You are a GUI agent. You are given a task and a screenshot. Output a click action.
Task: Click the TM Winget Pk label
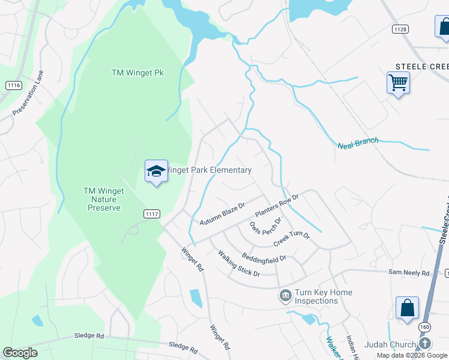point(137,73)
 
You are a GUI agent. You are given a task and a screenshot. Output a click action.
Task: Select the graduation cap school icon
point(156,172)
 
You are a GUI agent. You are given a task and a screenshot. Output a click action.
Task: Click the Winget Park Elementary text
point(208,170)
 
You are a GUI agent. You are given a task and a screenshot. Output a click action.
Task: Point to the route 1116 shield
point(14,85)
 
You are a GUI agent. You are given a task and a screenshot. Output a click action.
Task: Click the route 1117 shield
point(152,214)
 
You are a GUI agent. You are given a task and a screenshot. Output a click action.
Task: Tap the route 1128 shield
point(400,29)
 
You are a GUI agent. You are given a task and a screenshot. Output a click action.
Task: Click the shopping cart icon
point(398,82)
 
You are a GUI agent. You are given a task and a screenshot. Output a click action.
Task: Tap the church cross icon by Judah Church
point(424,344)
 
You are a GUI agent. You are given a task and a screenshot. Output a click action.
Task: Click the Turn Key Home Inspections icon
point(285,296)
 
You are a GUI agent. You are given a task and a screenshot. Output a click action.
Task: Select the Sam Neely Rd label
point(409,272)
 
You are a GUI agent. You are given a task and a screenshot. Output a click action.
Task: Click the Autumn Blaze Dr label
point(223,214)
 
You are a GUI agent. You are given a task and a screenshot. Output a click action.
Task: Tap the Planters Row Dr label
point(277,205)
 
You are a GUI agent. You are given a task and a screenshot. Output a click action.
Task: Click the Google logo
point(20,352)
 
